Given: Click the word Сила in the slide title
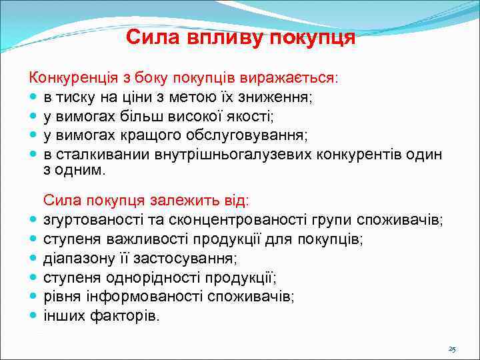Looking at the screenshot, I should (147, 37).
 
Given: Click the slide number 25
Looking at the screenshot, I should (452, 349).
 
